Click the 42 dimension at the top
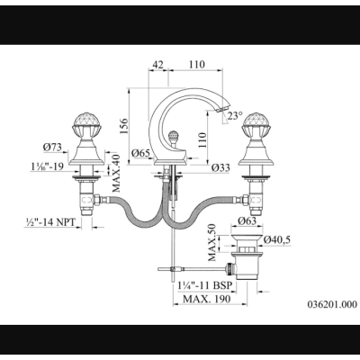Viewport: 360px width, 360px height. point(158,65)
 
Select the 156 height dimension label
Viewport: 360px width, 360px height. point(125,126)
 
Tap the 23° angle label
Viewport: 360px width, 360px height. point(234,115)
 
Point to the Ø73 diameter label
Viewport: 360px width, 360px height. point(52,147)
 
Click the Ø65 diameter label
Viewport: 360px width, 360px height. point(140,153)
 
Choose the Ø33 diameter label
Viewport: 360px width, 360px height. point(220,167)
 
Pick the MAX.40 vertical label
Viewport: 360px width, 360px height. point(116,173)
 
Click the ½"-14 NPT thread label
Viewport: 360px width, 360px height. point(49,222)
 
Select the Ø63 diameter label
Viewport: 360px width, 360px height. point(247,220)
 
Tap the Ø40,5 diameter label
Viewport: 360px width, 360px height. point(277,239)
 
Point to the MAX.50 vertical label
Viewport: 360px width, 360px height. point(211,242)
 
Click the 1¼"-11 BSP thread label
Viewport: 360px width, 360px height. point(205,285)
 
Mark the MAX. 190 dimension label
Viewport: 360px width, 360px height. point(207,299)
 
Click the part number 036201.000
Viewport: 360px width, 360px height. point(332,304)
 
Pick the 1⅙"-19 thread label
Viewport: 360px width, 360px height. point(47,166)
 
